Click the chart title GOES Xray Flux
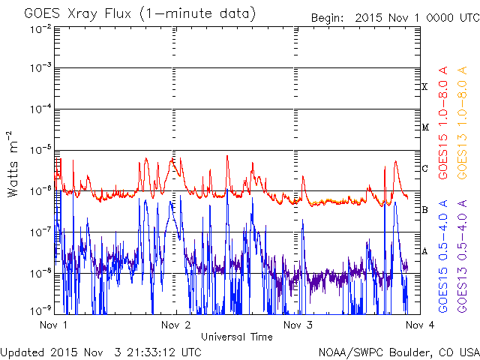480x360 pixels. pos(78,14)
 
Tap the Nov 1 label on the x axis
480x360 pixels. pos(53,325)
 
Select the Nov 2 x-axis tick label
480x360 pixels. pos(176,325)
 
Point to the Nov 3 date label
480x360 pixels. pos(298,325)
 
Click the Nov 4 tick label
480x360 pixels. pos(420,325)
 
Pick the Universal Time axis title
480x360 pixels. pos(237,337)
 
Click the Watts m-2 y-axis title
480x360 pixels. pos(13,164)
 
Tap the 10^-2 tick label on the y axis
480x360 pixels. pos(40,30)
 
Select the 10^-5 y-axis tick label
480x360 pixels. pos(40,150)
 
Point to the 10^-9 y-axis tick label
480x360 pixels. pos(40,311)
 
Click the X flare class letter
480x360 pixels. pos(424,87)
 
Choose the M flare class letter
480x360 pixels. pos(425,127)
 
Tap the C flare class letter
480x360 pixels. pos(424,168)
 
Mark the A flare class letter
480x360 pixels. pos(424,251)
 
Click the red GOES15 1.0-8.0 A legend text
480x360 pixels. pos(443,123)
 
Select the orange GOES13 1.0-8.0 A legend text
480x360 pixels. pos(462,123)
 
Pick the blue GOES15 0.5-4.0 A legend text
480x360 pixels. pos(443,256)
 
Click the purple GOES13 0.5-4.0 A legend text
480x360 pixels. pos(462,256)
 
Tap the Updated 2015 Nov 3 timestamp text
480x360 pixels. pos(101,352)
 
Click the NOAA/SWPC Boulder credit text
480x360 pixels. pos(399,352)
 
